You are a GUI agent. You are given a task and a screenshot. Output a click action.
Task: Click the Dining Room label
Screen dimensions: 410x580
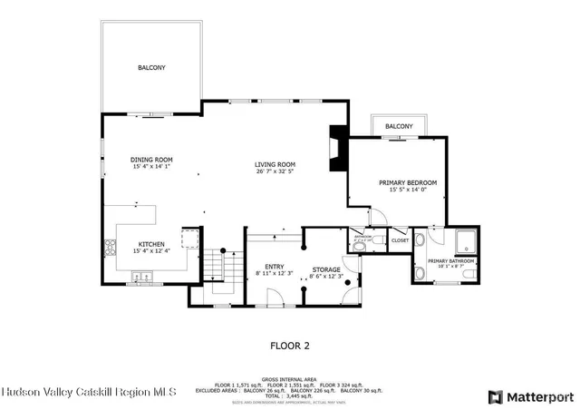point(151,160)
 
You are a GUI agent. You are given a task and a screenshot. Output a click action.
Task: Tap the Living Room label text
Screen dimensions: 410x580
point(275,164)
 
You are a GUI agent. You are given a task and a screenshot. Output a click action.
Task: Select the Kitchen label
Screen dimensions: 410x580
point(151,244)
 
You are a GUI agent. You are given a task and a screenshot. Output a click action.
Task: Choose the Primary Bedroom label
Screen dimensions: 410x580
point(406,182)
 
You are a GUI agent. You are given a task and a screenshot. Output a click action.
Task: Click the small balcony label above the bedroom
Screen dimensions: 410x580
point(399,126)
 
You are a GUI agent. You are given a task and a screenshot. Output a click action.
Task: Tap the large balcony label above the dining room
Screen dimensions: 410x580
point(151,68)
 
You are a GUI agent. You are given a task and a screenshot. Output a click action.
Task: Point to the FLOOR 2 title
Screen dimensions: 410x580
point(290,346)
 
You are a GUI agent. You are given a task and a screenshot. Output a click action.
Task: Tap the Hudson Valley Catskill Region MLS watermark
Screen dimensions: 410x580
point(88,392)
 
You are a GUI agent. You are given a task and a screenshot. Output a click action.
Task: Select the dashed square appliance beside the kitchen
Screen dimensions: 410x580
point(190,238)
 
